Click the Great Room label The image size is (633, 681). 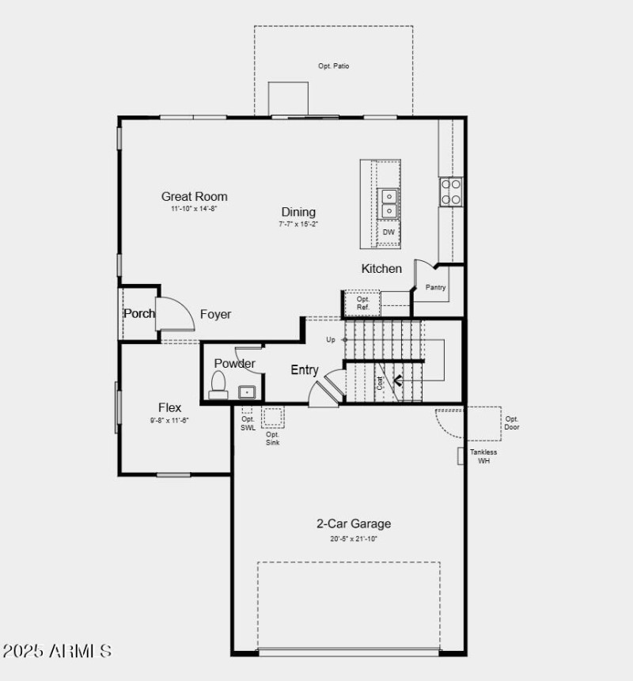(194, 196)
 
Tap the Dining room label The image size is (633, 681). (298, 212)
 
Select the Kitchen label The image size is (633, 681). (381, 269)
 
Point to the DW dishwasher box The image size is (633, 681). (389, 233)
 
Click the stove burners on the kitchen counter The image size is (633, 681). (451, 191)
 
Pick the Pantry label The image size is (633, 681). (435, 287)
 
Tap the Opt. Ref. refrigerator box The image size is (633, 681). (362, 303)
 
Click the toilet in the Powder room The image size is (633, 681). (218, 385)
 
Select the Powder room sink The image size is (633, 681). (247, 391)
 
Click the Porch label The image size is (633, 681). (139, 313)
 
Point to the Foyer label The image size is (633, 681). (215, 314)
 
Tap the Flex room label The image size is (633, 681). (169, 408)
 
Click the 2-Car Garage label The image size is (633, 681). (354, 524)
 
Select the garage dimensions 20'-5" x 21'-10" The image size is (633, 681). (354, 539)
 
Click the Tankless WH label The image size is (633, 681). (483, 456)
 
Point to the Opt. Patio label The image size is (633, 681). (333, 66)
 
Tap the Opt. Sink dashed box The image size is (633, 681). (272, 417)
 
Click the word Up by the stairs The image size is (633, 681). (331, 339)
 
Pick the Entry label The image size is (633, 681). (305, 369)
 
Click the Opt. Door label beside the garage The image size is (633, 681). (512, 423)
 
